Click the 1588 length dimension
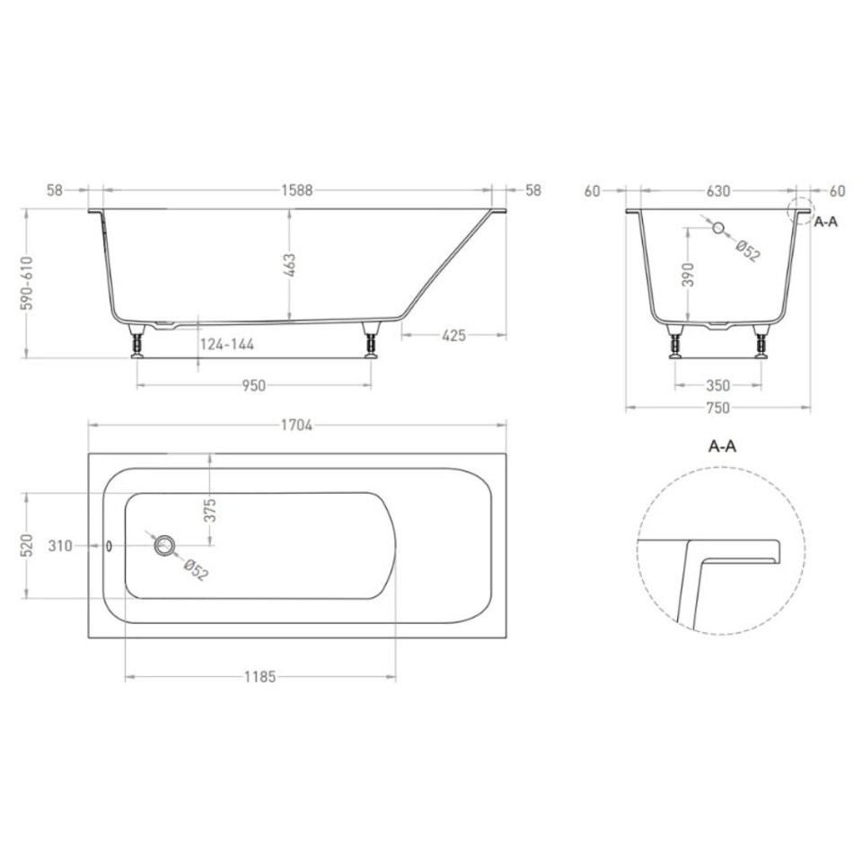297,190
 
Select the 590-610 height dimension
27,283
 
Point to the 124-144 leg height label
227,345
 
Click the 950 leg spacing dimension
253,386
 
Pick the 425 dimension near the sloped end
453,336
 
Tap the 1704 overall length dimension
296,425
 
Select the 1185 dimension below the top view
260,677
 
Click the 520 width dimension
27,545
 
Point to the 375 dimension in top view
210,510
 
